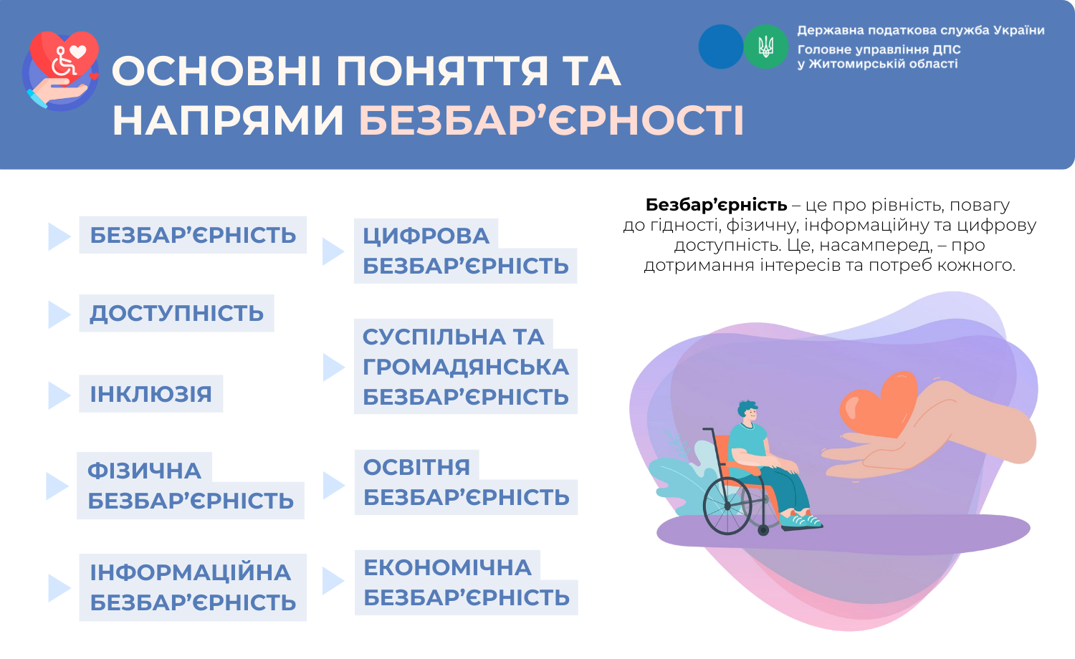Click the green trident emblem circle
click(766, 47)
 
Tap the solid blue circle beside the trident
click(721, 47)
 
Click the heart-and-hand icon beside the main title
click(60, 70)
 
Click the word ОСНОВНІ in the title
click(216, 71)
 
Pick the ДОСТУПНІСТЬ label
click(176, 313)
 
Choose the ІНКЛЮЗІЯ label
click(151, 394)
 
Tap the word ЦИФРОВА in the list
click(426, 236)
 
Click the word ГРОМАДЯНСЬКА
click(466, 367)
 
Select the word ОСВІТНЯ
click(416, 466)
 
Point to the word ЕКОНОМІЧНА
click(447, 567)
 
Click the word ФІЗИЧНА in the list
click(144, 471)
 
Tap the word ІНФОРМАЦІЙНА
click(191, 572)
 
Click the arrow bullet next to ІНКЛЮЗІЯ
click(59, 395)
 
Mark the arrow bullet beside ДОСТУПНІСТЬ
click(59, 314)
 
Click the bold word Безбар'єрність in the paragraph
click(716, 205)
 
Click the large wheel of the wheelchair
click(727, 506)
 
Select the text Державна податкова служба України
click(920, 30)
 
